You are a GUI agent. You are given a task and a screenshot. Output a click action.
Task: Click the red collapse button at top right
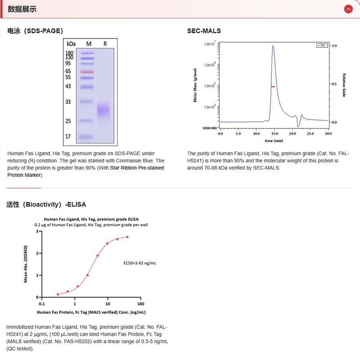[348, 9]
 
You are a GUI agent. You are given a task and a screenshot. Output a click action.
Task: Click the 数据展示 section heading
[22, 9]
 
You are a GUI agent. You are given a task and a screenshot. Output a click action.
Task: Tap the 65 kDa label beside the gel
[68, 72]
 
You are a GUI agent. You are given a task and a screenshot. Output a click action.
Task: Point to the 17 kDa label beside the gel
[68, 136]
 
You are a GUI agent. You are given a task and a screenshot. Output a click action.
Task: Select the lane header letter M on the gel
[89, 44]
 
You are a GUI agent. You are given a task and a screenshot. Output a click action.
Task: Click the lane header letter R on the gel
[105, 44]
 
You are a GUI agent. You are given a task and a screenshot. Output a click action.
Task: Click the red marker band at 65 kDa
[87, 72]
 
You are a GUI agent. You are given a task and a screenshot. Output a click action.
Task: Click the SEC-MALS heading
[204, 31]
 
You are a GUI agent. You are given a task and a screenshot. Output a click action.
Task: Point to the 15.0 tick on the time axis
[274, 134]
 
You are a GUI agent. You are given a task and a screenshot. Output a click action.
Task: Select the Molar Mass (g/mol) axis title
[195, 85]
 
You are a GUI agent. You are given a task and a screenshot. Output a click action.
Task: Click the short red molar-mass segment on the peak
[273, 86]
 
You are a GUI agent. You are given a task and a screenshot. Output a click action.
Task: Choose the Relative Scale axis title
[344, 85]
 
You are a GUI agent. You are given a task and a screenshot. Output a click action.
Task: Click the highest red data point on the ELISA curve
[127, 237]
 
